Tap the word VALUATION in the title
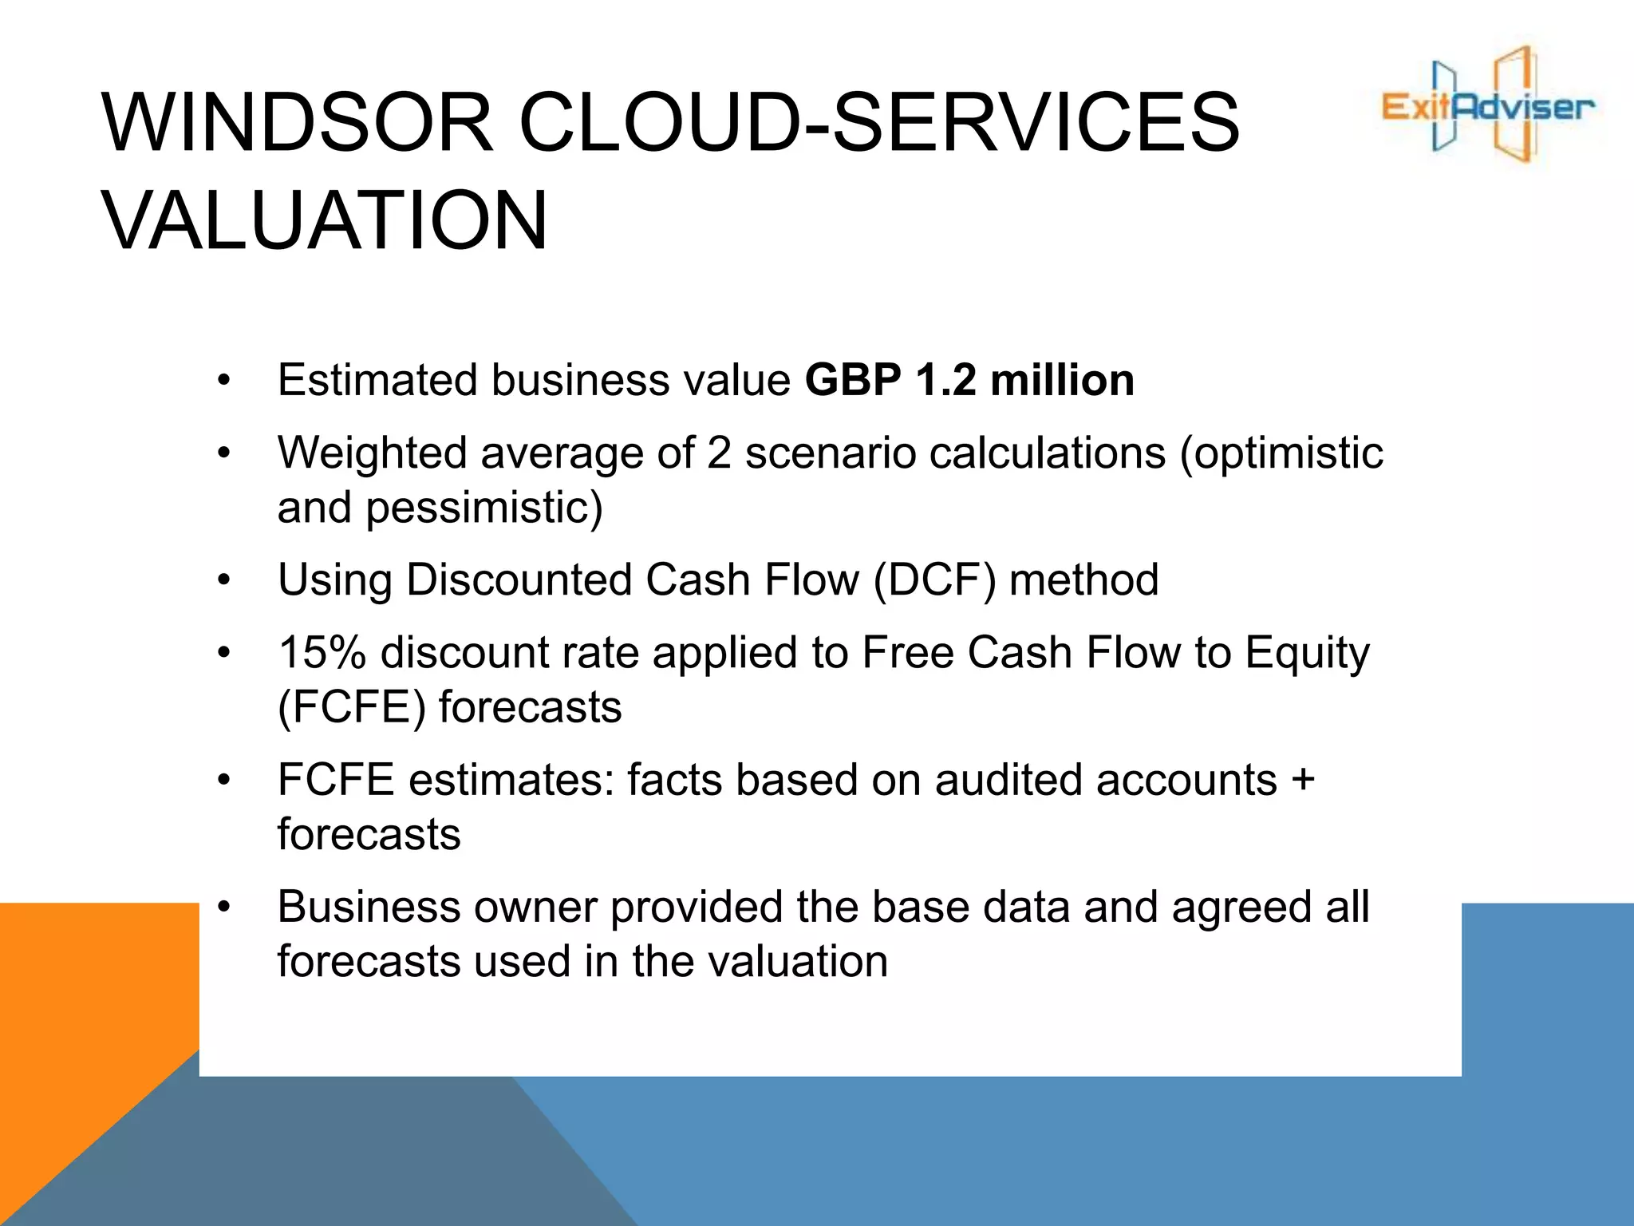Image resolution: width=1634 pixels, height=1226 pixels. pos(325,221)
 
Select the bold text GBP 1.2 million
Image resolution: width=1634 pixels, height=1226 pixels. pos(969,380)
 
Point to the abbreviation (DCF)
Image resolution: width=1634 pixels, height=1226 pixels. pos(934,579)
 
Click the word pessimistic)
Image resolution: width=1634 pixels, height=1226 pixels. pos(483,508)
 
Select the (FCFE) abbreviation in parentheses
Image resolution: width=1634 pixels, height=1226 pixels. pos(351,707)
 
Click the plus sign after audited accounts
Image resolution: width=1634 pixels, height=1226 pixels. pos(1303,780)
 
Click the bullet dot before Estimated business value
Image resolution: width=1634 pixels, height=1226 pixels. pos(224,381)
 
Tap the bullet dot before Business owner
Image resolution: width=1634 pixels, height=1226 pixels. pos(224,908)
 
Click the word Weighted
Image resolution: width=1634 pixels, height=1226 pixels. pos(372,453)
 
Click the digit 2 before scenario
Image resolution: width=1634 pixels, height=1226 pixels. pos(719,453)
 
